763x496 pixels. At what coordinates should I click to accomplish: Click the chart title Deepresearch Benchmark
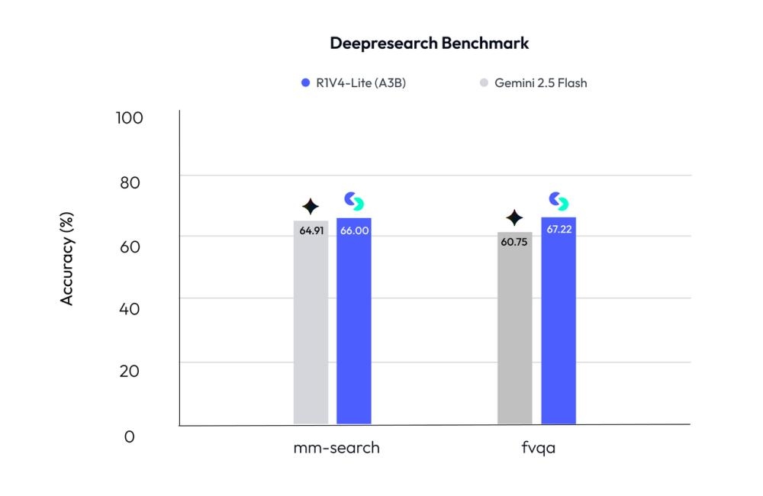429,43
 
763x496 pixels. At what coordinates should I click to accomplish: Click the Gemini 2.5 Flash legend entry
540,83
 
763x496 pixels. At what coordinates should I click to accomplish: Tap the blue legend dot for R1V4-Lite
306,83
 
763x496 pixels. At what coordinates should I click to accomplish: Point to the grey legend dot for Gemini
484,83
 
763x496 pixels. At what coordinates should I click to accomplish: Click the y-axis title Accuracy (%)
67,261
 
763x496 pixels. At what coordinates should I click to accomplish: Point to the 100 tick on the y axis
130,118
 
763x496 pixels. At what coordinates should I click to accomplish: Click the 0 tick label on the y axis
130,436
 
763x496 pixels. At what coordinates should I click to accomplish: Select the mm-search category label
336,448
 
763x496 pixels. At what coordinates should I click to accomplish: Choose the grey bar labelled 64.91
311,328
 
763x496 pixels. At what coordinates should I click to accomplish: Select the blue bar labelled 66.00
354,328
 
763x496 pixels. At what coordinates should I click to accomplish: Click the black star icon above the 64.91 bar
310,207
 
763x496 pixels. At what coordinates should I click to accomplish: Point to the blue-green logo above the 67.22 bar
559,201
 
